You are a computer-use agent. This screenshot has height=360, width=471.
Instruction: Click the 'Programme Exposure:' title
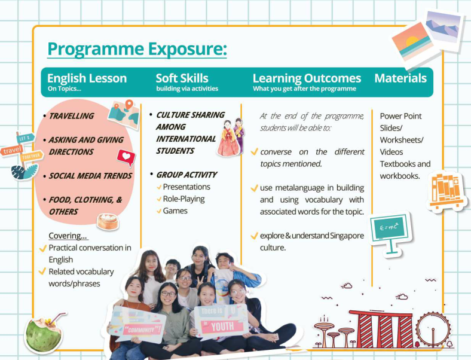[x=137, y=48]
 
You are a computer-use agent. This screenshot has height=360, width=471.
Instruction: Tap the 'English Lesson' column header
[x=87, y=78]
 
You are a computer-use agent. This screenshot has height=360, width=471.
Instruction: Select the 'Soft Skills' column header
[x=182, y=78]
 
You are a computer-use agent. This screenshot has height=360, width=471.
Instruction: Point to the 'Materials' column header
[x=400, y=78]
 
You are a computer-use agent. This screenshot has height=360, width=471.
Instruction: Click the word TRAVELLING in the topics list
[x=72, y=116]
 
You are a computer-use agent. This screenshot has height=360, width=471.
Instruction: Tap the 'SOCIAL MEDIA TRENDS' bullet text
[x=90, y=176]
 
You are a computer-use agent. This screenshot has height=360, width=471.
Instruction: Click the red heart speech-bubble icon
[x=127, y=157]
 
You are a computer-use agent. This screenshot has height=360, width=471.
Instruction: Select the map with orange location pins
[x=124, y=114]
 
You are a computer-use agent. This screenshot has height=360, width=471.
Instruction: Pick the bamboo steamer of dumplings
[x=108, y=222]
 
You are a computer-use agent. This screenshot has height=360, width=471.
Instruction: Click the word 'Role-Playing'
[x=184, y=199]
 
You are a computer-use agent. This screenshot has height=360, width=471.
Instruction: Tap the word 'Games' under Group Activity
[x=175, y=211]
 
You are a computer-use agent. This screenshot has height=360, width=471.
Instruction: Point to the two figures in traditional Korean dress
[x=231, y=137]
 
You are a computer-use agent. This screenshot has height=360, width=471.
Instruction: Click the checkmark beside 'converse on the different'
[x=255, y=151]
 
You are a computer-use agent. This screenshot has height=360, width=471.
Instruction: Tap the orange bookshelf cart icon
[x=446, y=191]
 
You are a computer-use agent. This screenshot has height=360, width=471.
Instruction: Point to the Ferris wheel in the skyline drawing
[x=433, y=330]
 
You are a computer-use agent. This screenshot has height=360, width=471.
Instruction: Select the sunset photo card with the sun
[x=413, y=42]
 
